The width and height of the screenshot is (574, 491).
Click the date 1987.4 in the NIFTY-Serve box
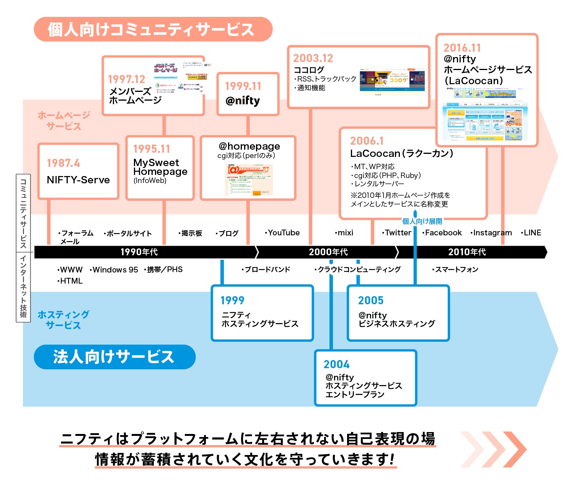click(x=63, y=163)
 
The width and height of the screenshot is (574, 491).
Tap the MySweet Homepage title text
click(x=160, y=167)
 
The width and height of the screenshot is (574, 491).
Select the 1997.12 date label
click(x=126, y=79)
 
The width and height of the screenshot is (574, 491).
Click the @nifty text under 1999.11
click(x=243, y=101)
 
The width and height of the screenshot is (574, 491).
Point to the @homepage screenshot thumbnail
click(x=249, y=180)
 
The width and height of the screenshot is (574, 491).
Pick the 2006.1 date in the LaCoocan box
click(x=367, y=141)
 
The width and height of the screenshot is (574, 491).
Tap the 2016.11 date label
click(x=462, y=48)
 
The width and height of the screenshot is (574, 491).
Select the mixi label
click(x=345, y=233)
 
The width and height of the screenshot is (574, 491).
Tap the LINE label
click(x=532, y=233)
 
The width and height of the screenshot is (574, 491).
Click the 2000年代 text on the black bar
click(x=328, y=252)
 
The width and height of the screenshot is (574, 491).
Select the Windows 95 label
click(x=115, y=270)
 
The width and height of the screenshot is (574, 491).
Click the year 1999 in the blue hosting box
click(x=232, y=300)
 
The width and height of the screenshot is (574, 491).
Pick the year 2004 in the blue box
click(x=336, y=364)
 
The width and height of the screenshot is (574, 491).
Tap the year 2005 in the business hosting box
click(x=370, y=300)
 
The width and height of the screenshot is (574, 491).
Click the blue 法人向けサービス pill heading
click(x=114, y=357)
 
